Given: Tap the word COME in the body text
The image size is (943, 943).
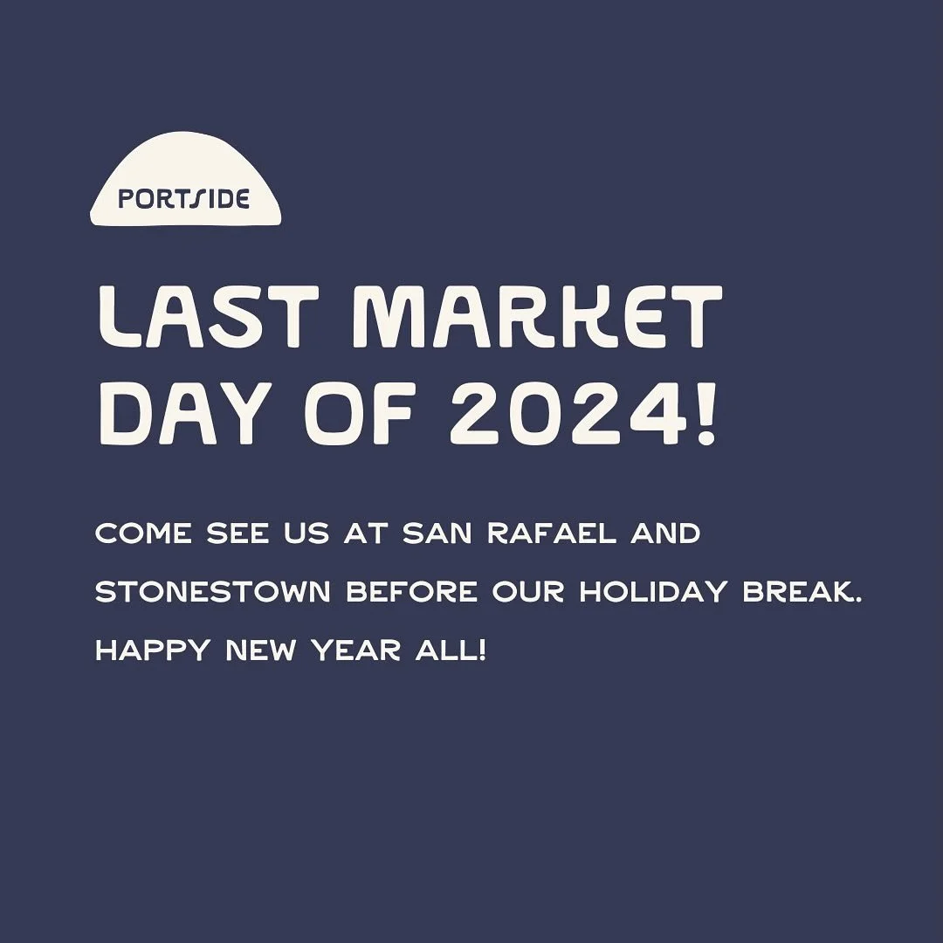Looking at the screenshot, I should (x=144, y=533).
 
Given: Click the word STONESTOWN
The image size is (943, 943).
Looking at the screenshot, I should (x=212, y=593).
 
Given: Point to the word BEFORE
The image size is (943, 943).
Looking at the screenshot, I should (x=411, y=593).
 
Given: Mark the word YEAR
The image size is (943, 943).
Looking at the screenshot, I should (x=339, y=651).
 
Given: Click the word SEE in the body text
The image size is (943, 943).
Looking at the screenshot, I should (x=237, y=533).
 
